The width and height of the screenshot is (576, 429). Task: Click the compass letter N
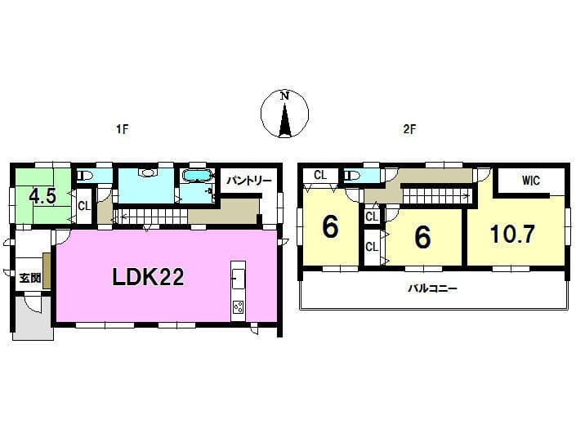[x=284, y=96]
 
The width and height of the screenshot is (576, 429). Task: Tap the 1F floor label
[x=122, y=129]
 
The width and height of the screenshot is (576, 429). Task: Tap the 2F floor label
[x=409, y=129]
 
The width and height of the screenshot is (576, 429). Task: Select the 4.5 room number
[x=42, y=196]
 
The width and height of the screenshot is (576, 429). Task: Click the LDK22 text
[x=148, y=277]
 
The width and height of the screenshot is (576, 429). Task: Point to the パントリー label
[x=248, y=181]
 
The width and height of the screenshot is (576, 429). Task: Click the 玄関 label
[x=30, y=278]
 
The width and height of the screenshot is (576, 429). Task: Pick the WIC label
[x=531, y=180]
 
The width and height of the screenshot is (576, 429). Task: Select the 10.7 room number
[x=512, y=234]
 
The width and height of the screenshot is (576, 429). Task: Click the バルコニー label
[x=433, y=288]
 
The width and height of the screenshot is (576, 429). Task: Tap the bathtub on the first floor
[x=198, y=176]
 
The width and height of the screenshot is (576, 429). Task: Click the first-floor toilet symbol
[x=86, y=176]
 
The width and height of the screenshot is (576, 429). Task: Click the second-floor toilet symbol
[x=353, y=176]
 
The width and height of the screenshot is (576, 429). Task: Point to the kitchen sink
[x=238, y=277]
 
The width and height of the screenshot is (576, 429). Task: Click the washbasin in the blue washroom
[x=147, y=172]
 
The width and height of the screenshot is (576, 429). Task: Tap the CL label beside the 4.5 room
[x=84, y=206]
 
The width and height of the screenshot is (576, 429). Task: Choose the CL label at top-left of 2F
[x=320, y=175]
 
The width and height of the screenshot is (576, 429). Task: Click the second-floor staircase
[x=436, y=194]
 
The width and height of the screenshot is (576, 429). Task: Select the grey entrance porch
[x=33, y=318]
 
